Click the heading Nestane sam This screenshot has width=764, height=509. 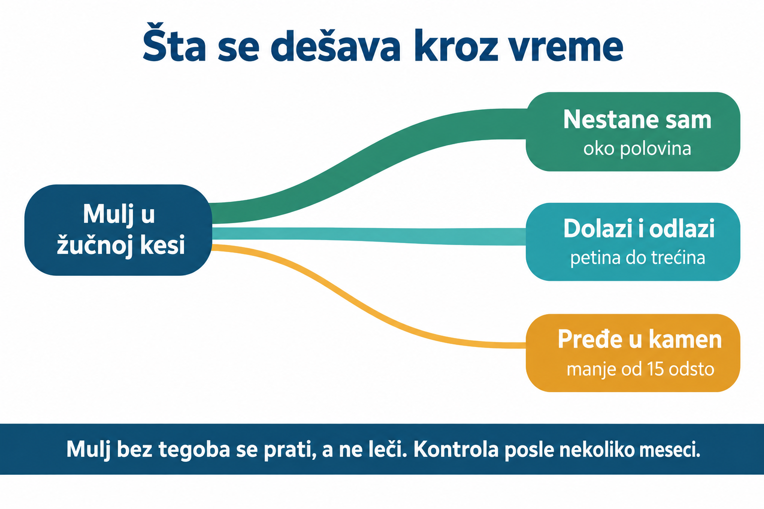click(637, 119)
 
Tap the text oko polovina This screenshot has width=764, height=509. click(637, 149)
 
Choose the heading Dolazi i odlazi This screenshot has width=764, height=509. click(639, 228)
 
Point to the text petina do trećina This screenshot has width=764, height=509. click(638, 257)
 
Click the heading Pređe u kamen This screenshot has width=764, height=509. click(640, 339)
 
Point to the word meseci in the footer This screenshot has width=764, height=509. click(669, 450)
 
